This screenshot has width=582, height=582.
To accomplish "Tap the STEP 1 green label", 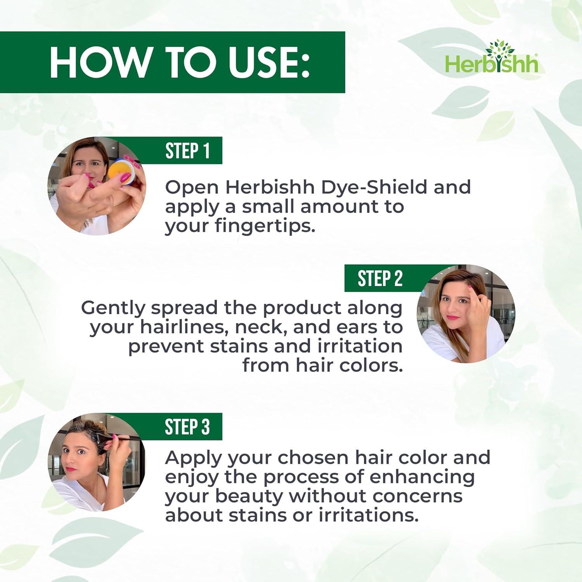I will [x=187, y=151].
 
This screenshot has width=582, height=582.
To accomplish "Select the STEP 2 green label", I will [x=380, y=279].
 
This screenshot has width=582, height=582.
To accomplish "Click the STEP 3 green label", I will [x=187, y=427].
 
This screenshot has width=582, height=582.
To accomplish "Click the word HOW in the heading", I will [x=99, y=62].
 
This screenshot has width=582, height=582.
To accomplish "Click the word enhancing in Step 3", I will [x=422, y=477].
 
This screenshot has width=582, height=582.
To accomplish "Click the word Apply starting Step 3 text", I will [x=192, y=459].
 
